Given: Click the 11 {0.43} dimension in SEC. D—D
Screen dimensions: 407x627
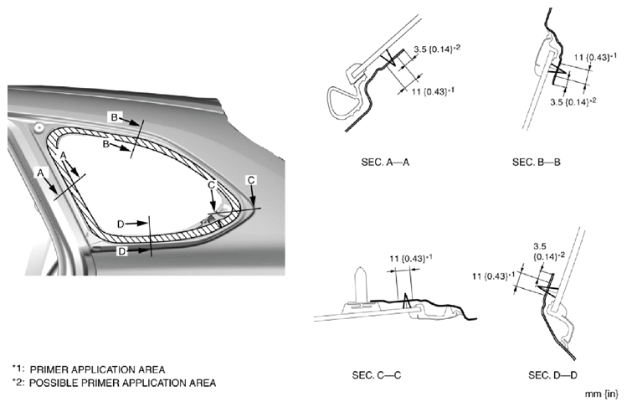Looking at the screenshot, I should pyautogui.click(x=496, y=276).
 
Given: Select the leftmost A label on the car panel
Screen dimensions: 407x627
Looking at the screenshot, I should pyautogui.click(x=39, y=172).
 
